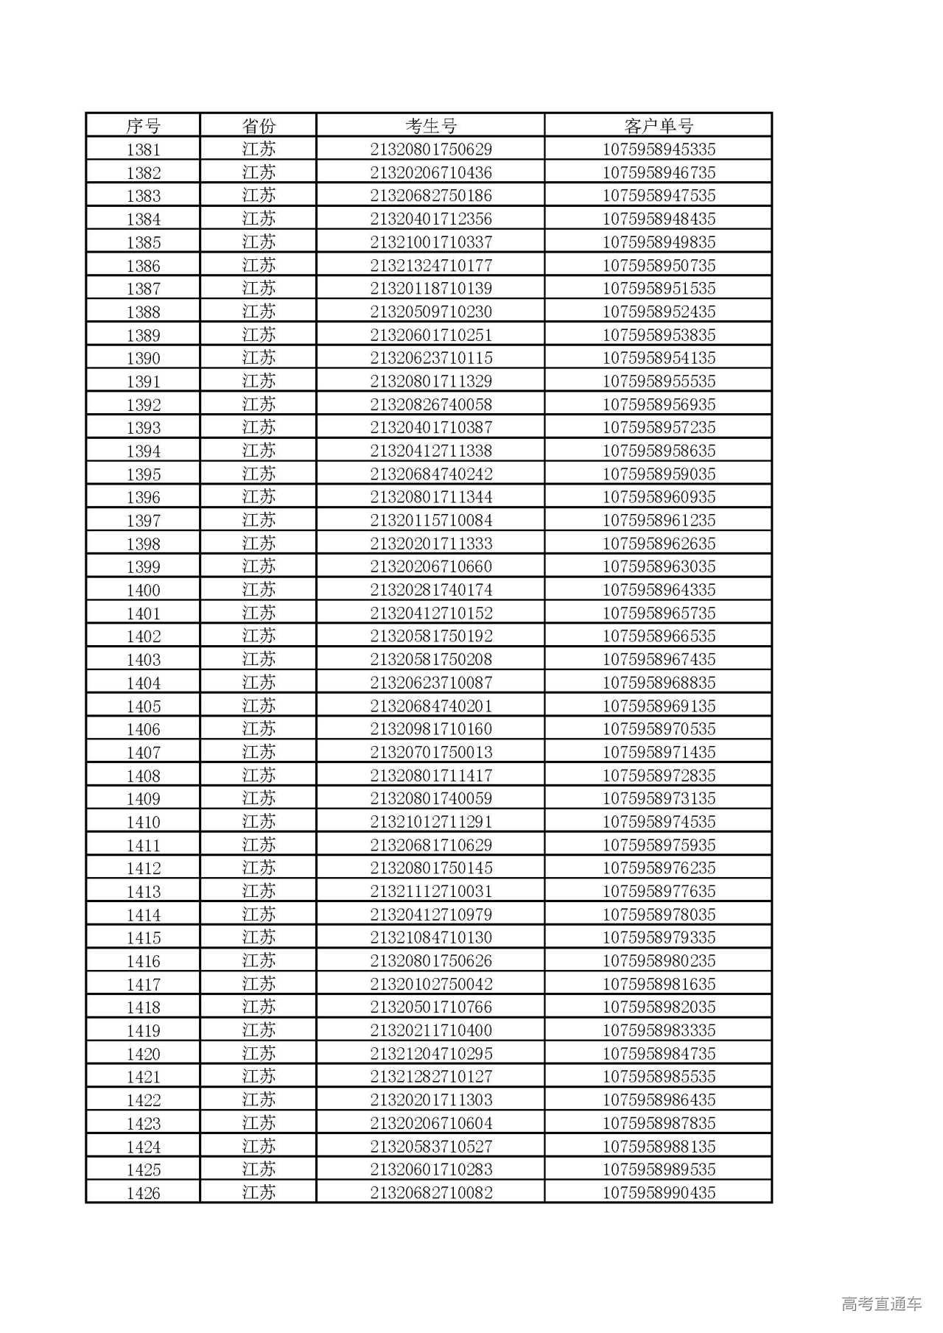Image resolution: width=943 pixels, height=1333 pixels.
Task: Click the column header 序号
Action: click(143, 126)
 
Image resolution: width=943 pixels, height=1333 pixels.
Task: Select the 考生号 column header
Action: click(431, 126)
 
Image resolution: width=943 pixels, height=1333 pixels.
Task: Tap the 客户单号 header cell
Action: click(659, 126)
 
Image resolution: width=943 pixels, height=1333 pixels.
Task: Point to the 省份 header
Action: click(259, 126)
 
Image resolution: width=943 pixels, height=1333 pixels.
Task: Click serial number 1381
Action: click(143, 150)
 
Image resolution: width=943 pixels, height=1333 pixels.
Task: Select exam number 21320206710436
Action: click(431, 173)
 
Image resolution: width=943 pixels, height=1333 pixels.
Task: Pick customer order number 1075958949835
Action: click(659, 242)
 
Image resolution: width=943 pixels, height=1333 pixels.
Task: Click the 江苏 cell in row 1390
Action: click(259, 358)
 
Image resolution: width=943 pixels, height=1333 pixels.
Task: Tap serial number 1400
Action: click(143, 590)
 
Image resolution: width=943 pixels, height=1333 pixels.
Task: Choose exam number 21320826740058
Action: click(431, 404)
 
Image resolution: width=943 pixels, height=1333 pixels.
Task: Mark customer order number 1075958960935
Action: click(659, 497)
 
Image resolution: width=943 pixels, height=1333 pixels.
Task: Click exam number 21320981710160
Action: click(431, 729)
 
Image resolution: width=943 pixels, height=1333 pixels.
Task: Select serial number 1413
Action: click(143, 892)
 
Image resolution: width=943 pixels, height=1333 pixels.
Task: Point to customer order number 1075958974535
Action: click(659, 822)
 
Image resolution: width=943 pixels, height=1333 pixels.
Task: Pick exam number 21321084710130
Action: click(431, 938)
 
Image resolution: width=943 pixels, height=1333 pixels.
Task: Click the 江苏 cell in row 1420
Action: click(259, 1054)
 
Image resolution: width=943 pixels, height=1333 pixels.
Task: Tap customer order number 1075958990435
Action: click(659, 1193)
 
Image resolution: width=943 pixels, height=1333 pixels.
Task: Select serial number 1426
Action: click(143, 1193)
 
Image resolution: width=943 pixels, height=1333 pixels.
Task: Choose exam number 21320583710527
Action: click(431, 1147)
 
